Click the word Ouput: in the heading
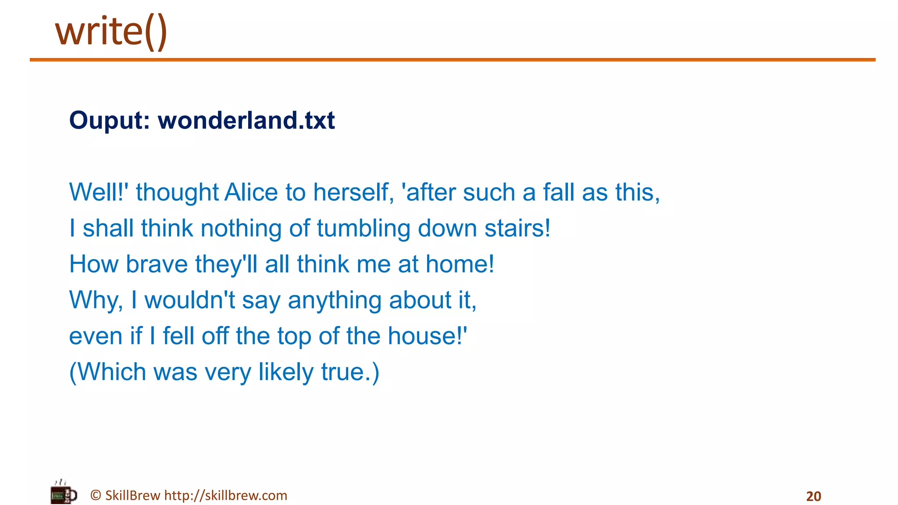click(110, 121)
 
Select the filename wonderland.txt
click(246, 121)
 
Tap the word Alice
click(251, 192)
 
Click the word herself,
click(353, 192)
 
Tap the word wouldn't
click(190, 300)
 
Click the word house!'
click(428, 336)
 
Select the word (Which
click(108, 372)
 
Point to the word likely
click(286, 372)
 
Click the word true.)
click(350, 372)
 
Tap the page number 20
click(813, 496)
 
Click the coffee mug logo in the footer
click(63, 494)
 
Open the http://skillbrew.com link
click(226, 495)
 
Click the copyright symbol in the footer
click(96, 495)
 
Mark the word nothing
click(241, 228)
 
